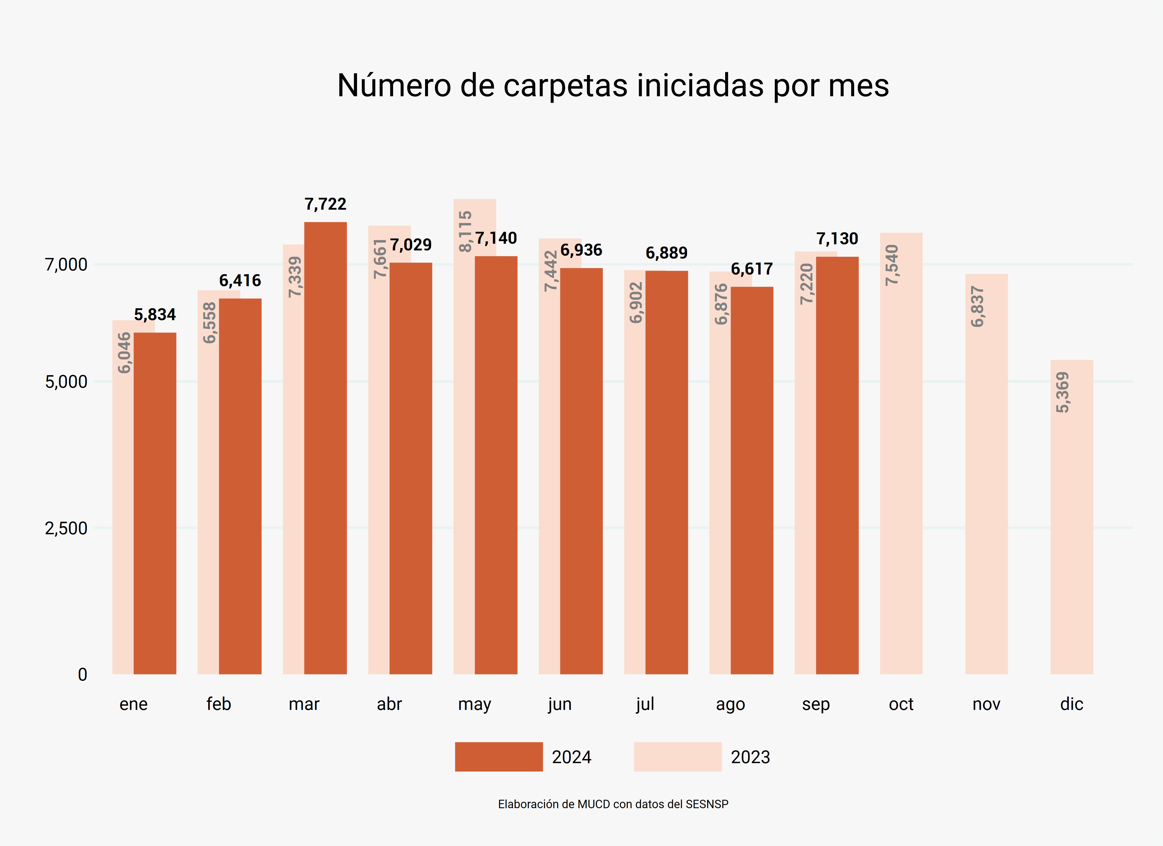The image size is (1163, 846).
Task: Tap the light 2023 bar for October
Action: point(901,462)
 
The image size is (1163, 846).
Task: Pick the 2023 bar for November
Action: point(986,487)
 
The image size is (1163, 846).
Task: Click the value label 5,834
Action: point(155,314)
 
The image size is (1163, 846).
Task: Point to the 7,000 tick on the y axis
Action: point(66,265)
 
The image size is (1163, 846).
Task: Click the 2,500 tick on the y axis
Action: point(66,528)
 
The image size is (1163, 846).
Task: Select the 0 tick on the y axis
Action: point(82,674)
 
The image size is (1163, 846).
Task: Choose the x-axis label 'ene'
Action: point(133,704)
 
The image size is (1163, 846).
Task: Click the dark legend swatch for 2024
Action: point(498,757)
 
